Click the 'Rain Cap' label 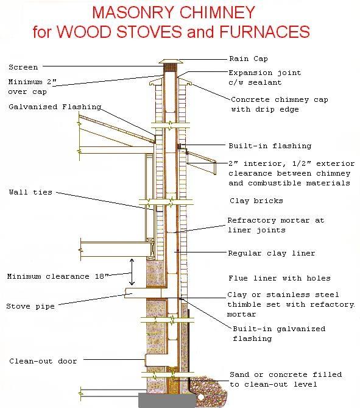(249, 59)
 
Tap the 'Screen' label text (23, 68)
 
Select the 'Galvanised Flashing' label (55, 107)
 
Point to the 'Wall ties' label (30, 192)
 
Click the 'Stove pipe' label (30, 306)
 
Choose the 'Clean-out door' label (43, 361)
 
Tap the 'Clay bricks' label (256, 201)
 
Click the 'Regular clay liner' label (272, 253)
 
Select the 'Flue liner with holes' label (280, 278)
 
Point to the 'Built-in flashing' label (270, 146)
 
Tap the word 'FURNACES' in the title (264, 32)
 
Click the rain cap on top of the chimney (171, 62)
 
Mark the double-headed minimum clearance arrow (132, 272)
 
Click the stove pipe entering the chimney (143, 293)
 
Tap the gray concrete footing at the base (167, 401)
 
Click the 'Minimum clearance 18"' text (57, 276)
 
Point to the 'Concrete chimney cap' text (280, 99)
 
